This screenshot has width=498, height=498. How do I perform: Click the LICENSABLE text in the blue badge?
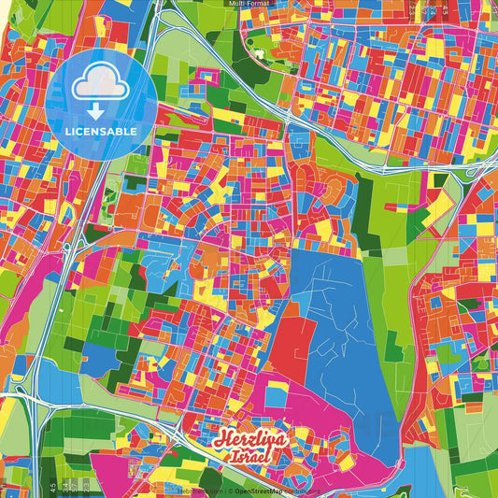tap(102, 132)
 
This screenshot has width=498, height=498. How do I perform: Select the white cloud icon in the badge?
tap(101, 87)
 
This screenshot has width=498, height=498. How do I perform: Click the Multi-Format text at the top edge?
tap(249, 4)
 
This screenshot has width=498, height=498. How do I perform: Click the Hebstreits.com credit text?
tap(199, 489)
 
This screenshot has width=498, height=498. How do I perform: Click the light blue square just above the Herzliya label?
tap(275, 398)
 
